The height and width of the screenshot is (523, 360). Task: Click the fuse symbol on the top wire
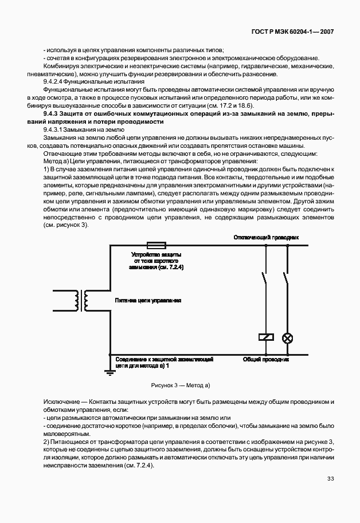pos(157,245)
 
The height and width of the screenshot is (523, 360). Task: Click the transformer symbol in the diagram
pos(81,299)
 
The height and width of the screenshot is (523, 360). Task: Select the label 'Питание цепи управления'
pos(148,300)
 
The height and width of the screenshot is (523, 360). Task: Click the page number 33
pos(330,478)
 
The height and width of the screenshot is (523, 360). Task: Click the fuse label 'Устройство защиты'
pos(157,254)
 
